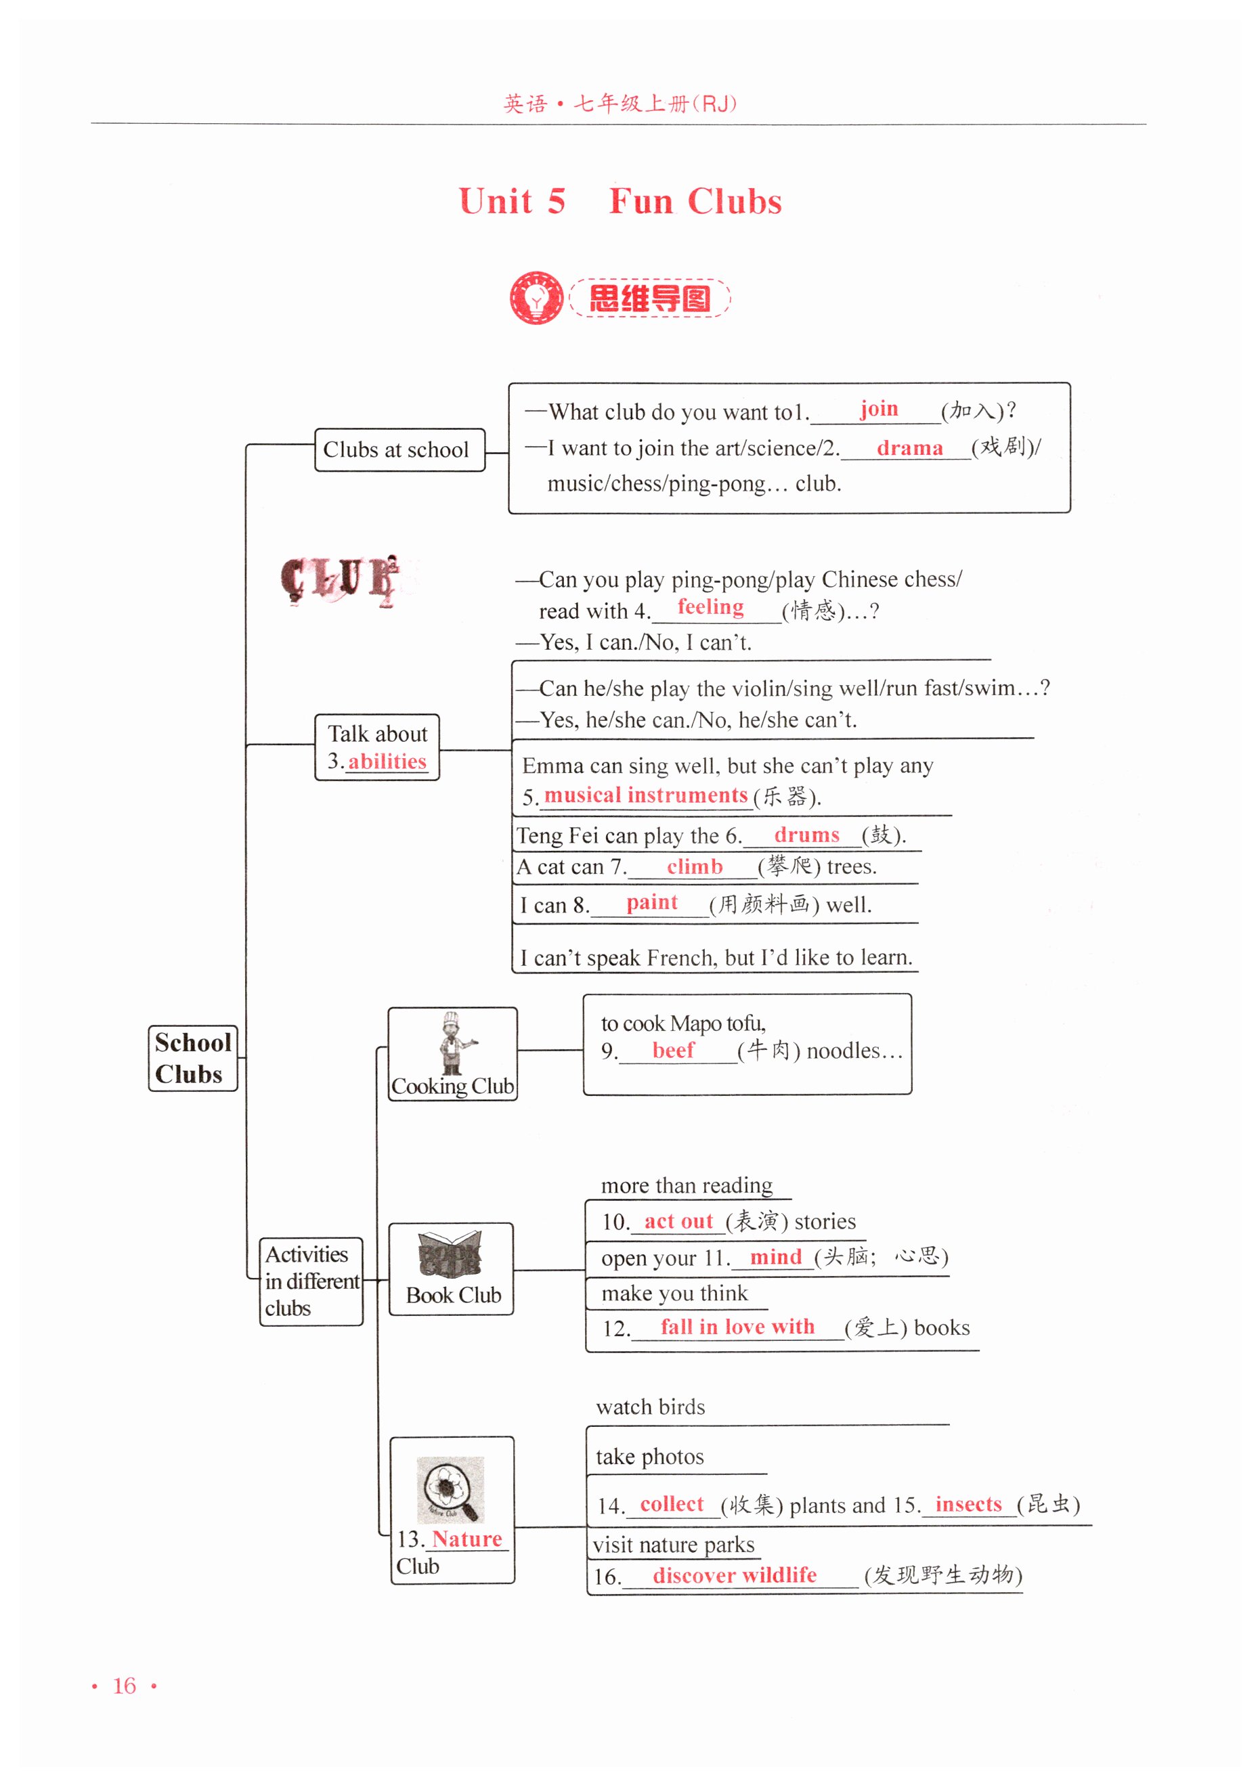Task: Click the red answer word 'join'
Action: coord(878,409)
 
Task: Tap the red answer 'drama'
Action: coord(909,449)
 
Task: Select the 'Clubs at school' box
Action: coord(399,450)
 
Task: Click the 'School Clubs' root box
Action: coord(193,1058)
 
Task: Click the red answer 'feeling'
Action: coord(710,607)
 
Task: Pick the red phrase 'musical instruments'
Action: coord(645,795)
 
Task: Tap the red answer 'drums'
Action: coord(806,835)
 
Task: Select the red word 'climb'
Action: coord(695,867)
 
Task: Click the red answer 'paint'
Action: coord(652,902)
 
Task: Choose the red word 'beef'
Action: coord(673,1051)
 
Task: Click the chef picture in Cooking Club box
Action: coord(452,1042)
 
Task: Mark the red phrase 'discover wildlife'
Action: coord(734,1575)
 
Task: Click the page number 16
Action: coord(125,1685)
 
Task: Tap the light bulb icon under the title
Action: coord(536,298)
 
